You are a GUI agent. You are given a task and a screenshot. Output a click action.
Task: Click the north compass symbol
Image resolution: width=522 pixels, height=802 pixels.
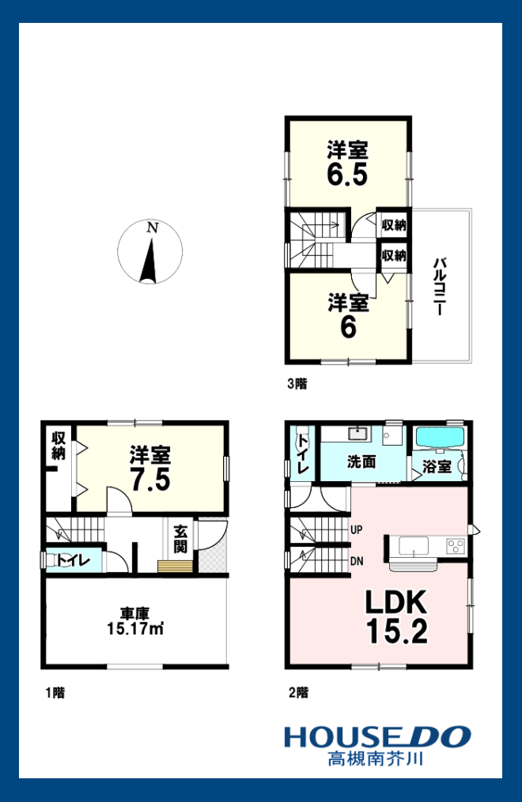pyautogui.click(x=150, y=251)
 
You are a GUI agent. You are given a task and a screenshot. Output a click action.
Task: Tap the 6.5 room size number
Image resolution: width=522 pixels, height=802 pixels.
pyautogui.click(x=347, y=175)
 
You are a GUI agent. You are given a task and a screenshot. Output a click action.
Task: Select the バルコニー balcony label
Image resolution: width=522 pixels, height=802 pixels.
pyautogui.click(x=440, y=286)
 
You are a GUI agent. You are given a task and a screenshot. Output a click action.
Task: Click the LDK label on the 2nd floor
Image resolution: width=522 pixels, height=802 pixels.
pyautogui.click(x=396, y=602)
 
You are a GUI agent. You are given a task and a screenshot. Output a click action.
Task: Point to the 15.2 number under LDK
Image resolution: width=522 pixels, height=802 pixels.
pyautogui.click(x=396, y=631)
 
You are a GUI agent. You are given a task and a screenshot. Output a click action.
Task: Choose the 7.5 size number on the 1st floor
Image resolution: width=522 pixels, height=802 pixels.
pyautogui.click(x=150, y=480)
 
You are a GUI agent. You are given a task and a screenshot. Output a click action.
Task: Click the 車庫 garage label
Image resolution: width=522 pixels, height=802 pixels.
pyautogui.click(x=134, y=612)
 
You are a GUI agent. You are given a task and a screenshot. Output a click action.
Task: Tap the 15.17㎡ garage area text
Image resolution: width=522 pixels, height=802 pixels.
pyautogui.click(x=135, y=628)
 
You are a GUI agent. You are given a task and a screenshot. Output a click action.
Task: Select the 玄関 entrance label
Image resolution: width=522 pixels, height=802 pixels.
pyautogui.click(x=180, y=539)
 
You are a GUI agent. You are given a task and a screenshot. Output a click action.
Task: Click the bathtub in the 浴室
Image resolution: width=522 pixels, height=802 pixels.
pyautogui.click(x=440, y=437)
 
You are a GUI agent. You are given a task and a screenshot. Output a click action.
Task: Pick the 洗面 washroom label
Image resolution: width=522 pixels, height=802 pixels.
pyautogui.click(x=361, y=462)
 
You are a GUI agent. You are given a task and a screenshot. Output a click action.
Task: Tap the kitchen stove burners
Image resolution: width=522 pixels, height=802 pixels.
pyautogui.click(x=456, y=546)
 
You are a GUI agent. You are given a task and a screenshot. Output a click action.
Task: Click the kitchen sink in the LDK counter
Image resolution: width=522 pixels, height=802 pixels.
pyautogui.click(x=414, y=545)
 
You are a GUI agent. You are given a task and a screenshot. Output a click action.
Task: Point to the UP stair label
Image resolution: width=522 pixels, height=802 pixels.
pyautogui.click(x=357, y=530)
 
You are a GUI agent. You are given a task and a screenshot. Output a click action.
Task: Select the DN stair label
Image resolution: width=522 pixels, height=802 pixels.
pyautogui.click(x=357, y=561)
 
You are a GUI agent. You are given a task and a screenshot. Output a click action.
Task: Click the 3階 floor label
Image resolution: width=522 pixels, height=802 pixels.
pyautogui.click(x=297, y=383)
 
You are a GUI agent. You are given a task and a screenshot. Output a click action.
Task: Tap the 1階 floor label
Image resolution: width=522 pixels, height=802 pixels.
pyautogui.click(x=55, y=693)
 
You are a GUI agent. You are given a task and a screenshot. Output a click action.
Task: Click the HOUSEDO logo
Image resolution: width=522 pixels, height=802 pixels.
pyautogui.click(x=378, y=737)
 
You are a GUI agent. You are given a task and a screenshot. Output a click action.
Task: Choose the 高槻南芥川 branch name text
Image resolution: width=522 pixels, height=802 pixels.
pyautogui.click(x=376, y=758)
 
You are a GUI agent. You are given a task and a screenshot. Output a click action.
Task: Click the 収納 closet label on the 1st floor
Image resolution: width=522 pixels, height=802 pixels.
pyautogui.click(x=59, y=446)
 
